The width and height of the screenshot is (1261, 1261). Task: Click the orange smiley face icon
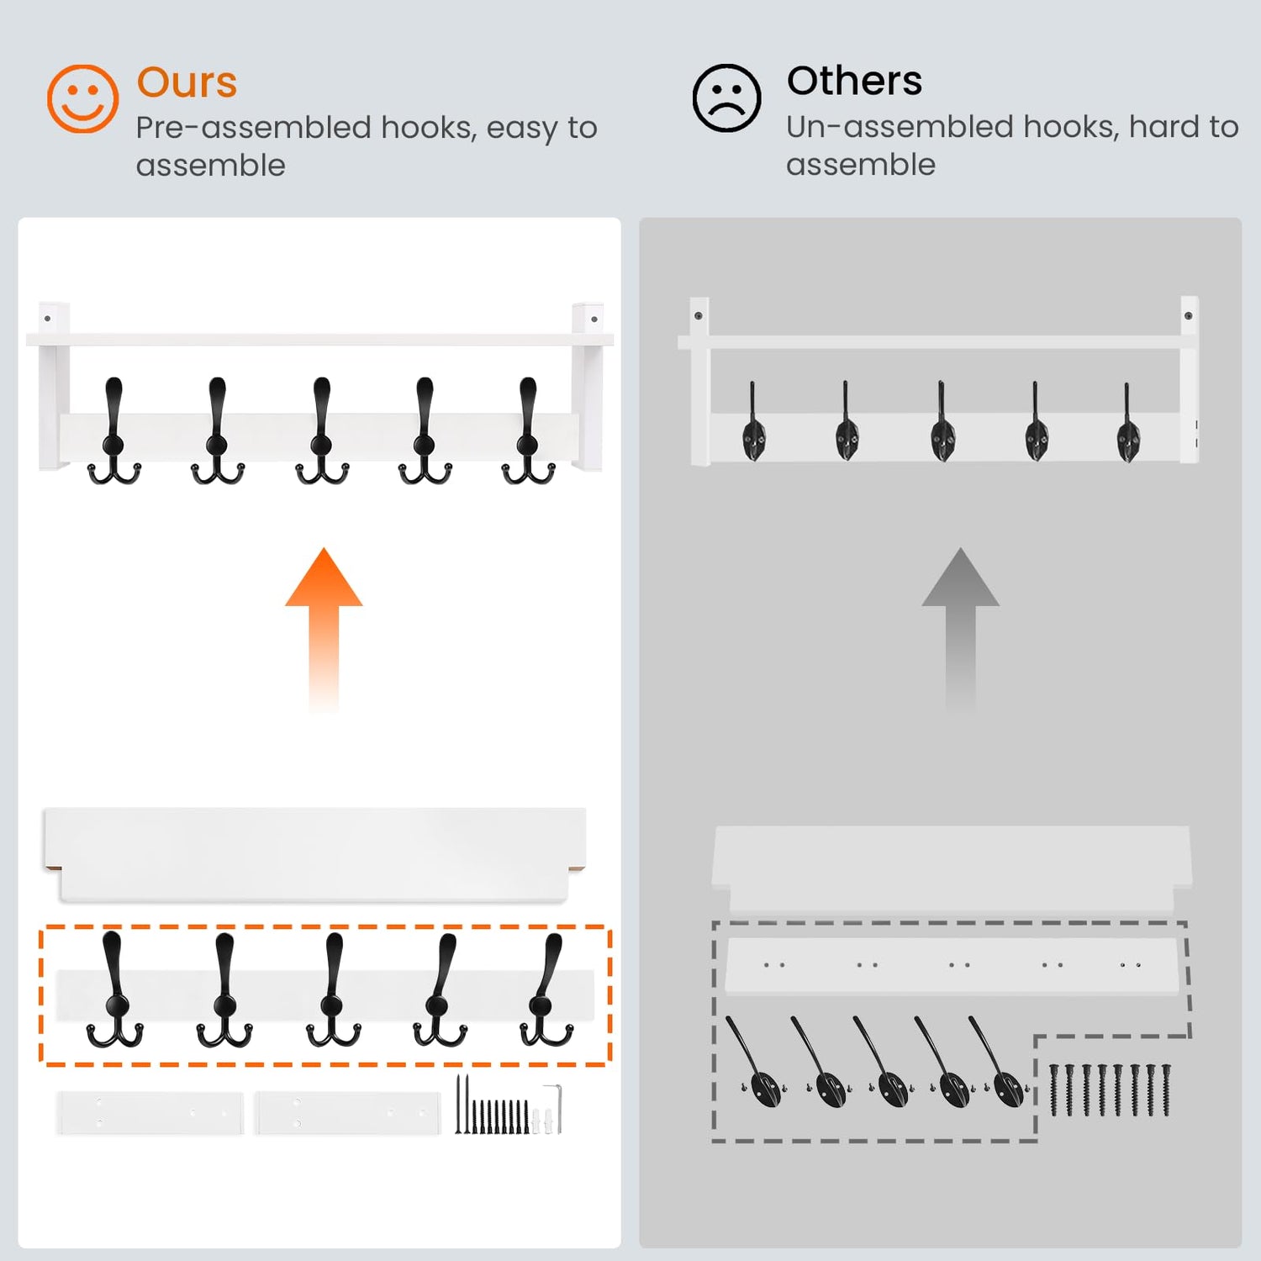82,98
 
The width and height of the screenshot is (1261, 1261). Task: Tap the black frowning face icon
726,98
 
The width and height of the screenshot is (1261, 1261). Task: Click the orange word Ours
187,82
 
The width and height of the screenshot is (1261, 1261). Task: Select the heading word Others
854,81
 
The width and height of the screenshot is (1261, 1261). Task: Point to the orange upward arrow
324,630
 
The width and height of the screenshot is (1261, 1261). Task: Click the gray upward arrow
960,630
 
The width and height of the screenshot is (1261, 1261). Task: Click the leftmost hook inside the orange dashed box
114,989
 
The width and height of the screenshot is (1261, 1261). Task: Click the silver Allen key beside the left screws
552,1108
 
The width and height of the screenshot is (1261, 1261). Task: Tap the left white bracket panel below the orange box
150,1113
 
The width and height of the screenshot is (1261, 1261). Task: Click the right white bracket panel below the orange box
348,1113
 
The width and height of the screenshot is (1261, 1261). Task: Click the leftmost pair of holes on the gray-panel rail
774,965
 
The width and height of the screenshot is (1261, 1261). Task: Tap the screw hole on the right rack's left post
699,316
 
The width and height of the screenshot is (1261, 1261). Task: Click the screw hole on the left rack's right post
594,319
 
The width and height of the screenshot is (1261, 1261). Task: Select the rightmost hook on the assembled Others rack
1127,425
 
